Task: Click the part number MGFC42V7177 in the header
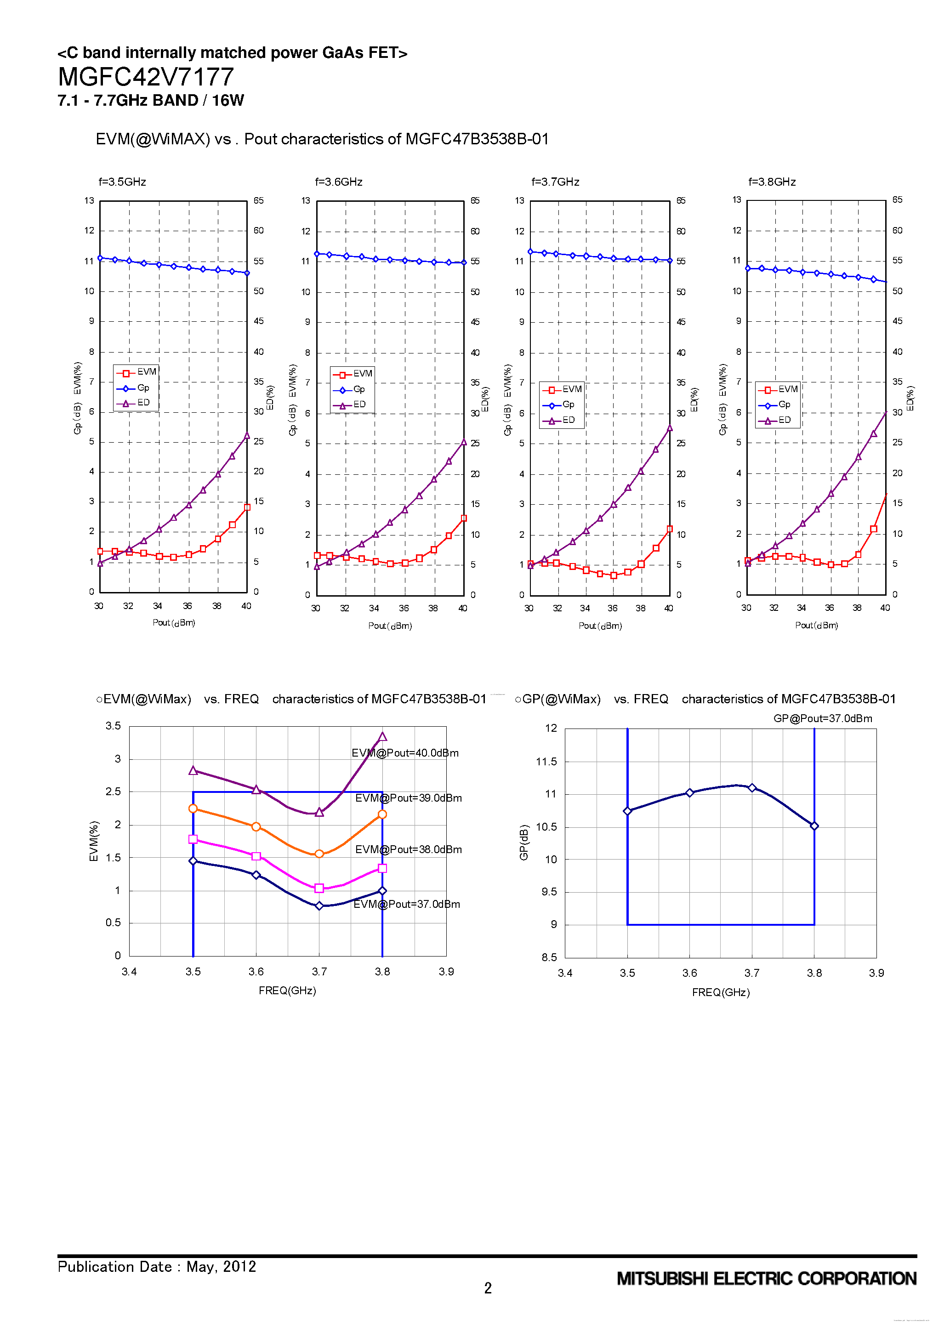coord(146,77)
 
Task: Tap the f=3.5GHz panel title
coord(122,182)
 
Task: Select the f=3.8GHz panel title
coord(772,182)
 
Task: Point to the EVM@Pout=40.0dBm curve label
coord(405,753)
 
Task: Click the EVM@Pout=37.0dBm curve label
coord(406,905)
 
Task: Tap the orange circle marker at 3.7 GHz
coord(319,854)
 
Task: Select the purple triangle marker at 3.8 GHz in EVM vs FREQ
coord(382,737)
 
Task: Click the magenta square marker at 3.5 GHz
coord(193,839)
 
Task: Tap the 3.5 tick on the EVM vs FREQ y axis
coord(113,726)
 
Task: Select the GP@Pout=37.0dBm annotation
coord(822,718)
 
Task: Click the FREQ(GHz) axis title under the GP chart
coord(721,992)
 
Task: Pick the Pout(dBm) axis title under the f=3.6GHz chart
coord(390,626)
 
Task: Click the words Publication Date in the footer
coord(115,1267)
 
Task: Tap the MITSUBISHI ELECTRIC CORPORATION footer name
coord(766,1279)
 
